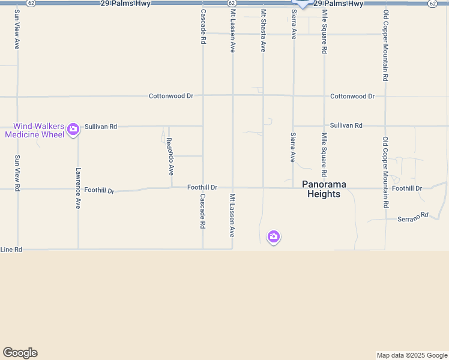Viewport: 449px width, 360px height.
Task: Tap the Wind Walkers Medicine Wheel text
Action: [34, 130]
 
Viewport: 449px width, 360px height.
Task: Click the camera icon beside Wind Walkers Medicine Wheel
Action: [73, 129]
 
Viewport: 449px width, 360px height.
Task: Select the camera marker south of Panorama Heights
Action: [274, 237]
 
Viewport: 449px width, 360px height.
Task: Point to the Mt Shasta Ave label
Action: [263, 30]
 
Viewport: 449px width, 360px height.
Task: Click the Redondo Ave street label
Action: [170, 156]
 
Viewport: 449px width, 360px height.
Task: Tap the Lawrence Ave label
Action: [78, 188]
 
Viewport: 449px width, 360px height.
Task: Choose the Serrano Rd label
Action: [413, 217]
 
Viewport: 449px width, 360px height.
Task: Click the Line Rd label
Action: [11, 249]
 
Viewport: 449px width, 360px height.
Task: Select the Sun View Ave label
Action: [17, 28]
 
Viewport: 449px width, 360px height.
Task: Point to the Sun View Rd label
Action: [17, 173]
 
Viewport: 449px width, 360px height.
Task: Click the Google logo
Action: [20, 353]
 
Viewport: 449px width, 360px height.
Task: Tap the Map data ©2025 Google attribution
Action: [412, 355]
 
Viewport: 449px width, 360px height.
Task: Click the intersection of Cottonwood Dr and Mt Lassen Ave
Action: [233, 95]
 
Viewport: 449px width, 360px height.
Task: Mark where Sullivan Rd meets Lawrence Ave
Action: [78, 127]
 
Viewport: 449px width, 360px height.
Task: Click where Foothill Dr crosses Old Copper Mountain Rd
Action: [385, 188]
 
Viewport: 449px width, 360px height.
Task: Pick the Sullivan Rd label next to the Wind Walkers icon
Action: [101, 127]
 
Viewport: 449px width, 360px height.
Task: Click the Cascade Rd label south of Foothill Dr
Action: [203, 211]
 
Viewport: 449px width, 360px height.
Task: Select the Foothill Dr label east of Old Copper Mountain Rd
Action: [407, 188]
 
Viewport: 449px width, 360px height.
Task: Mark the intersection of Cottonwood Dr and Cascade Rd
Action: [203, 95]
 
